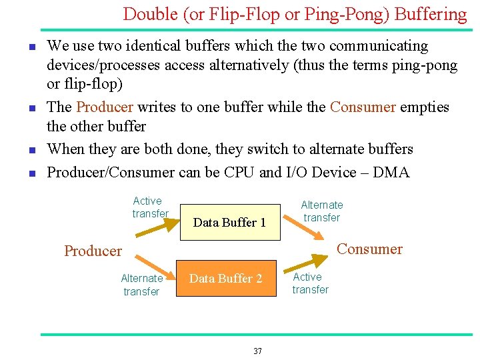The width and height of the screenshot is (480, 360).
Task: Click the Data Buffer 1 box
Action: (x=229, y=222)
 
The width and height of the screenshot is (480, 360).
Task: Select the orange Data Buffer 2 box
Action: (x=226, y=278)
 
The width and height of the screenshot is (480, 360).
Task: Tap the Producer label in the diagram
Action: (x=93, y=251)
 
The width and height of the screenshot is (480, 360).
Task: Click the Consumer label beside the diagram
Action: (x=369, y=249)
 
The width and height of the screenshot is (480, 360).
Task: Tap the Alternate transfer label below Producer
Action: (x=141, y=285)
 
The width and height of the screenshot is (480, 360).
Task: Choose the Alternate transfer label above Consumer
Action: (x=322, y=211)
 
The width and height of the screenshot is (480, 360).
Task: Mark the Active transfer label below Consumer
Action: (x=310, y=283)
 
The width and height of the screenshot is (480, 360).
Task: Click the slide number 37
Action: (x=257, y=351)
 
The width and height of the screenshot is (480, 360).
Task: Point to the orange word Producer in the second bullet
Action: (x=105, y=107)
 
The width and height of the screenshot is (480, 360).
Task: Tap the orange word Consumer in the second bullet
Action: (x=363, y=107)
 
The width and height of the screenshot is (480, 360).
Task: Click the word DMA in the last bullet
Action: (x=391, y=172)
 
